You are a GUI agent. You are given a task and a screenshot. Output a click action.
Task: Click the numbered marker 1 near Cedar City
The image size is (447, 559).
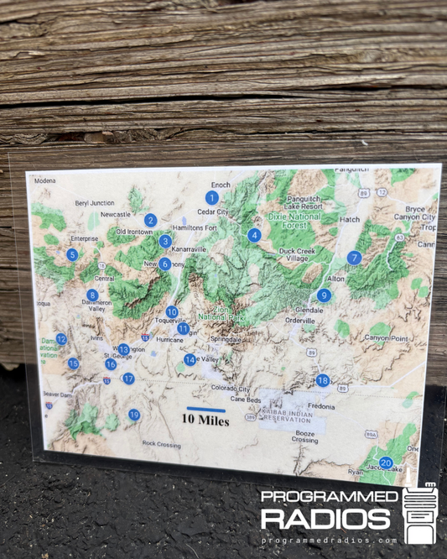212,198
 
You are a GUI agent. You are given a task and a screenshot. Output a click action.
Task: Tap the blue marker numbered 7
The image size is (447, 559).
354,258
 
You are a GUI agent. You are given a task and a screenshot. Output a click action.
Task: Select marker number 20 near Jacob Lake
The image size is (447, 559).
386,462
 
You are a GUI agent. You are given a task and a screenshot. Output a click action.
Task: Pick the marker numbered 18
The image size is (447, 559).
323,380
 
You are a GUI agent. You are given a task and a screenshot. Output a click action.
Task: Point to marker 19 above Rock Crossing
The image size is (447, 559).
134,415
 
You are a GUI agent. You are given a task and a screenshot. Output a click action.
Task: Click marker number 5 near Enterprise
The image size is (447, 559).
73,254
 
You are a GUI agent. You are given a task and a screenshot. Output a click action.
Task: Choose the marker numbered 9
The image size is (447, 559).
324,295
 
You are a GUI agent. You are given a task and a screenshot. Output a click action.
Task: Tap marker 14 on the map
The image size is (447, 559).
190,359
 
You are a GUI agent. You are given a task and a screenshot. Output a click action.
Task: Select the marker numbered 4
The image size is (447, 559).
254,235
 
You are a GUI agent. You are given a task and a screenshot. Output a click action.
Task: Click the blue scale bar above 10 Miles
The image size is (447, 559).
205,409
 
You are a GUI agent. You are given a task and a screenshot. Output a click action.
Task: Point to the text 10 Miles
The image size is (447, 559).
206,420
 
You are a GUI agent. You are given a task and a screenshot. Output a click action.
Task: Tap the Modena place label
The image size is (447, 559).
44,180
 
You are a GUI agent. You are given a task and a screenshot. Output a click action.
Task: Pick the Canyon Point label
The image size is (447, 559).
386,337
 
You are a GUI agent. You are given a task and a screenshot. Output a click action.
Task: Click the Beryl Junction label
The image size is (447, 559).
94,202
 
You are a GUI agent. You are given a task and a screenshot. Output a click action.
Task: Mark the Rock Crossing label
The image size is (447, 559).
161,443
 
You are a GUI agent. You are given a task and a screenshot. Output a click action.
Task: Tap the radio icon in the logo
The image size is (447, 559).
419,513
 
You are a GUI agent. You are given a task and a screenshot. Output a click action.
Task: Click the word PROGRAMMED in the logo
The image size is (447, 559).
330,497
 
